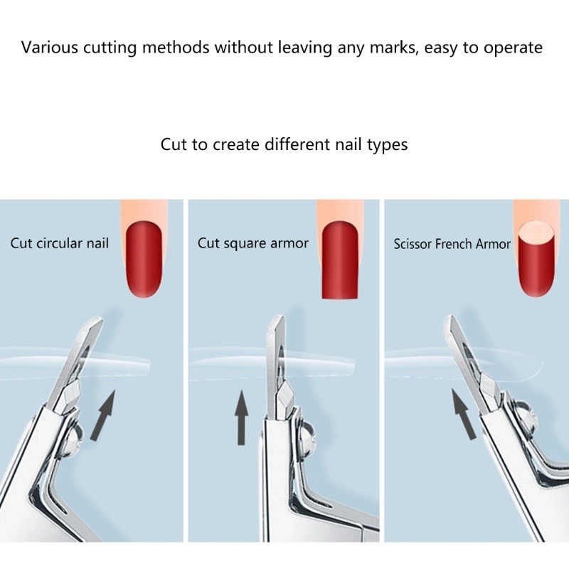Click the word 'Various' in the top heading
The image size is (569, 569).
click(49, 48)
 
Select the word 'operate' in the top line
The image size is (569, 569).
click(513, 48)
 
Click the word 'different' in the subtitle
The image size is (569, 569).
click(297, 144)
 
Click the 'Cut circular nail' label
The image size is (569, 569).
click(60, 243)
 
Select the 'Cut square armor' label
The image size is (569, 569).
click(253, 243)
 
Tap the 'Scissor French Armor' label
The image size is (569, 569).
click(452, 244)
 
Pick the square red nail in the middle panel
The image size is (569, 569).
click(340, 260)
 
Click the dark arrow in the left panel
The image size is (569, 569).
click(104, 415)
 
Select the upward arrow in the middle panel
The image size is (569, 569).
click(241, 418)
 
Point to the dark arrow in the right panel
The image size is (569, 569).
click(464, 414)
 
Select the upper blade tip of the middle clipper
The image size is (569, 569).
click(280, 318)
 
